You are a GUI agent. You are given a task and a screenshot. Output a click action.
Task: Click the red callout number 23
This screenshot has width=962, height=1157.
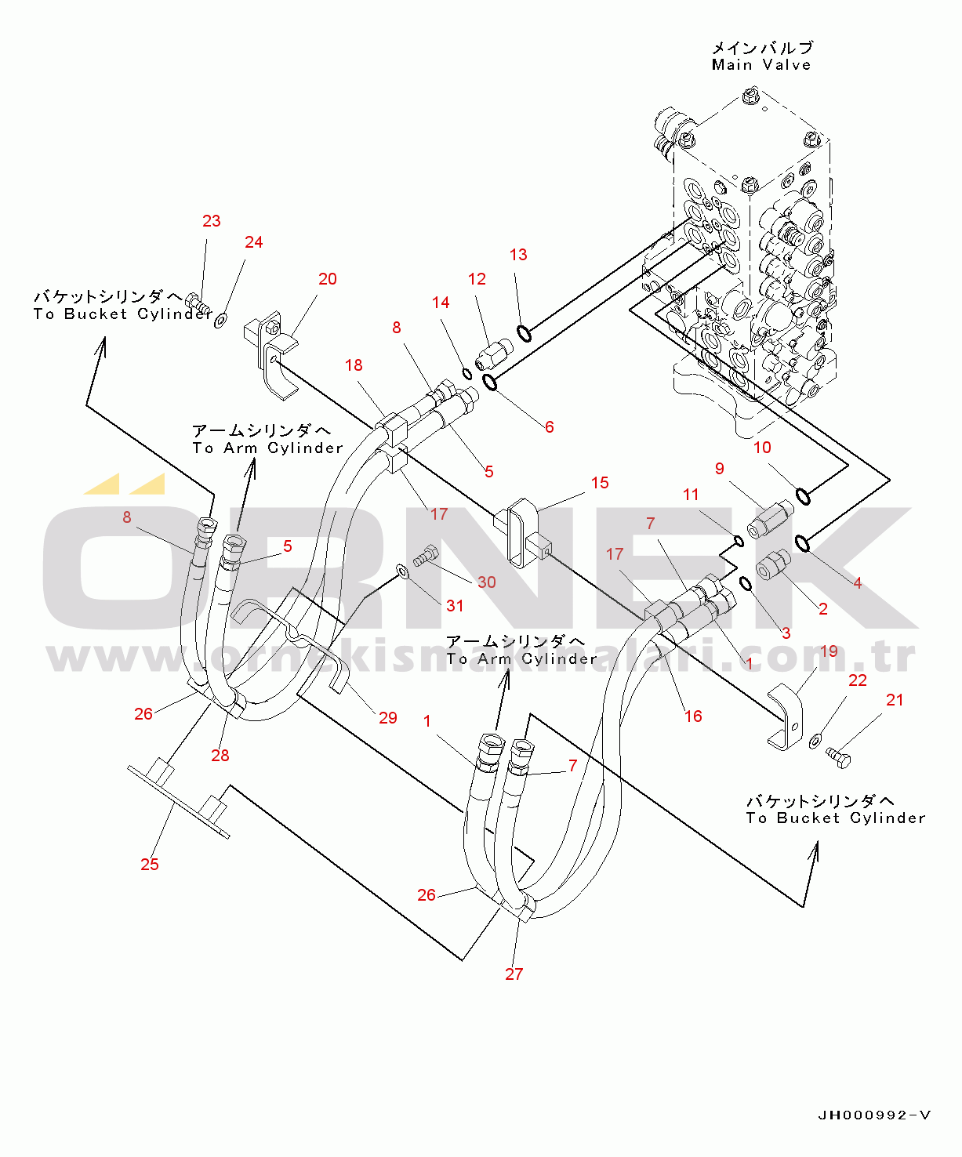212,221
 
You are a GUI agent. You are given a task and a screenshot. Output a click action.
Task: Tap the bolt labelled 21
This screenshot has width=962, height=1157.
838,757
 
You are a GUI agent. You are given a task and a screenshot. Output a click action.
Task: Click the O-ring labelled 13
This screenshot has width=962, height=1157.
525,334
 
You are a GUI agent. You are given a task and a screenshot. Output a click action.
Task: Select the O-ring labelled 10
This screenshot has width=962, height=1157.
803,496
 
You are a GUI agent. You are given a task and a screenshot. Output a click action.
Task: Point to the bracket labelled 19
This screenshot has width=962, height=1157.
786,717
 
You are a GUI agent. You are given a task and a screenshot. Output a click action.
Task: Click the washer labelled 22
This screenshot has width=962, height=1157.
815,739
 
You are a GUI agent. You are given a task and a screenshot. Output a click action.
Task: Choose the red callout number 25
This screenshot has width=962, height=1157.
150,864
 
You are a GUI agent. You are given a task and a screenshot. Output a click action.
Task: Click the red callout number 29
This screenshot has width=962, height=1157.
388,717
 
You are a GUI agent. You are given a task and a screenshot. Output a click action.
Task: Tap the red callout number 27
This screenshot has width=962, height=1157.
514,974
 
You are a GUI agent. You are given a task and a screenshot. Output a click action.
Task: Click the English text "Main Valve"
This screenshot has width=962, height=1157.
761,65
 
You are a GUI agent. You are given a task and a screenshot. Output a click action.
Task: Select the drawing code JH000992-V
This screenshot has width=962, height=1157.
874,1115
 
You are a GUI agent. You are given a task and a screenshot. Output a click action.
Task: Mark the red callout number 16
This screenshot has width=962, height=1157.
693,716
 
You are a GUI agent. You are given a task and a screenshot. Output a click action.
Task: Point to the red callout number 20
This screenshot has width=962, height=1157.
328,279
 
